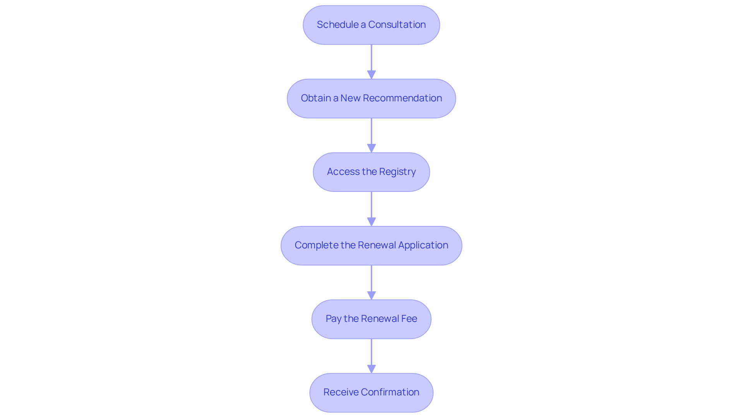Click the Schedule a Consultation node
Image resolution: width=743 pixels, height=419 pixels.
pos(371,25)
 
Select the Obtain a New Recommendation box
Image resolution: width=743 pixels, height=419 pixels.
pos(371,98)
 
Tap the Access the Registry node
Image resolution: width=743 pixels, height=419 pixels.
pos(371,172)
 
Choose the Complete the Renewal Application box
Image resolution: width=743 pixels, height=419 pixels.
pos(371,245)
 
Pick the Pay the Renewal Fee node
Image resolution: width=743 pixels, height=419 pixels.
pos(371,319)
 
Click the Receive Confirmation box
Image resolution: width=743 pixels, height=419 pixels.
pos(371,392)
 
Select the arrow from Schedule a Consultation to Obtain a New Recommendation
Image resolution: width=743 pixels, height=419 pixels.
pos(371,62)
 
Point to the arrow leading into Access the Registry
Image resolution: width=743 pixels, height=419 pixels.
pos(371,135)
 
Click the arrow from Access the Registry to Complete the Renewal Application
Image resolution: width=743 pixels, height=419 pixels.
pos(371,209)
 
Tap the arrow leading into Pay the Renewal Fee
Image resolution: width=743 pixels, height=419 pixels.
pos(371,282)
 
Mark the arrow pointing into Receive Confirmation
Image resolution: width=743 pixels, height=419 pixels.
pos(371,356)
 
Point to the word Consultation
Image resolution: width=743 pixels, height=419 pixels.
pos(397,24)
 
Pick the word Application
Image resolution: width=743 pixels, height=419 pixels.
pos(423,245)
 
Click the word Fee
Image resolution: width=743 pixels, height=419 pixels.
pos(409,318)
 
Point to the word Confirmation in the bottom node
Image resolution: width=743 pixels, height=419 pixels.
pos(390,392)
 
